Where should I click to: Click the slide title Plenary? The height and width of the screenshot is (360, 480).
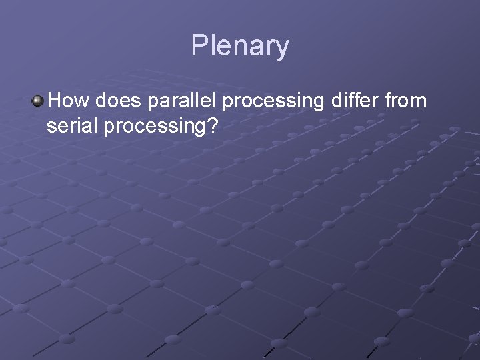click(x=240, y=46)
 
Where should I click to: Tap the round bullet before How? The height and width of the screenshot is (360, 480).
click(x=38, y=101)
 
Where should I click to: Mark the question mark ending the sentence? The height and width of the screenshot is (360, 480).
click(x=213, y=126)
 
